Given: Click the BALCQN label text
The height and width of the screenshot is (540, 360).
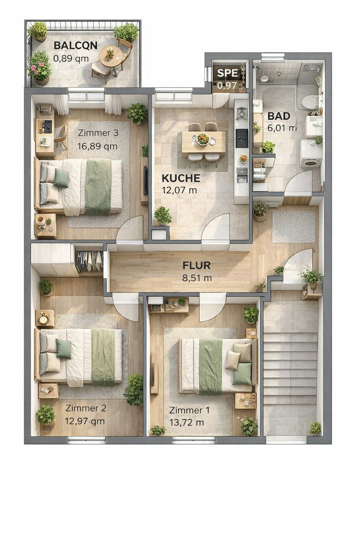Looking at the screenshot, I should pyautogui.click(x=75, y=46).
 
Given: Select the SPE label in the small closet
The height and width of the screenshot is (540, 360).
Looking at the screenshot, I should pyautogui.click(x=227, y=73).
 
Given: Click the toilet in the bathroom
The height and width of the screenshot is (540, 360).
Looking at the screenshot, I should pyautogui.click(x=310, y=102).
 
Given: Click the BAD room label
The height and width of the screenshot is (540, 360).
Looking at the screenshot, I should pyautogui.click(x=279, y=116).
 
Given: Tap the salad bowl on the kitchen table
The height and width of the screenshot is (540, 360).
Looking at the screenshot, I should pyautogui.click(x=203, y=139).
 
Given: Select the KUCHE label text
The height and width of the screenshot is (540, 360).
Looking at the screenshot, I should pyautogui.click(x=181, y=178).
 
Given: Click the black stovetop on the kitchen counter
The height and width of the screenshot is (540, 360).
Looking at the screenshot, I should pyautogui.click(x=242, y=138).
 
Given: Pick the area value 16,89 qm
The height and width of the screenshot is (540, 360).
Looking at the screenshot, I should pyautogui.click(x=97, y=146).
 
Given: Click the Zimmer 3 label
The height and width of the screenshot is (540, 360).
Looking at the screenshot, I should pyautogui.click(x=98, y=133).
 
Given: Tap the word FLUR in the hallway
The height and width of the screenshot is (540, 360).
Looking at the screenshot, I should pyautogui.click(x=197, y=265).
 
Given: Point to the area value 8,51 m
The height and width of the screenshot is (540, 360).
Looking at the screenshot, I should pyautogui.click(x=197, y=278).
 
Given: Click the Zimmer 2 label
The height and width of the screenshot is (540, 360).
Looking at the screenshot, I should pyautogui.click(x=86, y=408).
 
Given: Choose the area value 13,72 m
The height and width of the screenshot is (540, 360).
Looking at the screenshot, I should pyautogui.click(x=187, y=423).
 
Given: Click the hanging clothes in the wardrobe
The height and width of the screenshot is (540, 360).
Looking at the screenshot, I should pyautogui.click(x=89, y=261).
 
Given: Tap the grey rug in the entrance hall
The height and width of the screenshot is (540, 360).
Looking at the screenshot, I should pyautogui.click(x=294, y=227).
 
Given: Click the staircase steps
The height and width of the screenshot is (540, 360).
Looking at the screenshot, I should pyautogui.click(x=290, y=369).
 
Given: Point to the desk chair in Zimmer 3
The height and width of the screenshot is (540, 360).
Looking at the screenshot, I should pyautogui.click(x=60, y=136).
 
